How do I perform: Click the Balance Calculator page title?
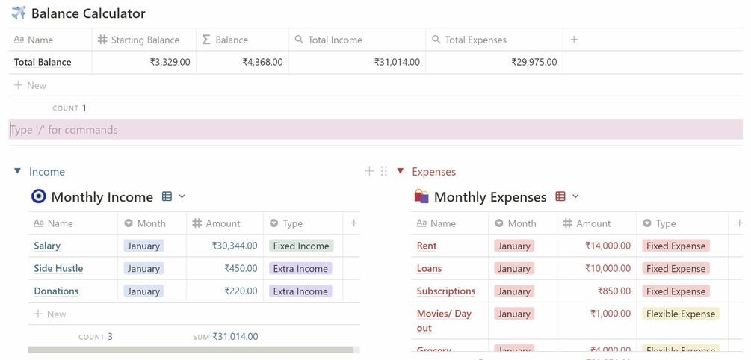click(88, 13)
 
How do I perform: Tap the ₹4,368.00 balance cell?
click(262, 62)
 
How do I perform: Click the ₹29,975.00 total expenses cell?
click(534, 62)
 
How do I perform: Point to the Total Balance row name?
click(43, 62)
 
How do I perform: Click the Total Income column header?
click(335, 40)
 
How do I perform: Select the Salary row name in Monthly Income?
click(47, 246)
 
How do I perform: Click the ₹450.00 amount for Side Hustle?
click(241, 268)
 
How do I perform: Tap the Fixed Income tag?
click(301, 246)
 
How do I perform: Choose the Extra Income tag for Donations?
click(300, 291)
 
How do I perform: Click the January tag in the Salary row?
click(143, 246)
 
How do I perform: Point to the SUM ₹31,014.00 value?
click(235, 337)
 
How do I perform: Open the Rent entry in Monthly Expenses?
click(427, 246)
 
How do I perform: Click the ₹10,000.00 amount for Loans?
click(608, 268)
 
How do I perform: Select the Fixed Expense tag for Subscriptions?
click(676, 291)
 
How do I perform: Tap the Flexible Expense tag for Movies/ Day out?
click(681, 314)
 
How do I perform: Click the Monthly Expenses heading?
click(490, 197)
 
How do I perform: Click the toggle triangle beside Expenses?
click(401, 171)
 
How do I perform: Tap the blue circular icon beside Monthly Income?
click(39, 196)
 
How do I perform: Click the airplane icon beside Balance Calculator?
click(19, 13)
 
